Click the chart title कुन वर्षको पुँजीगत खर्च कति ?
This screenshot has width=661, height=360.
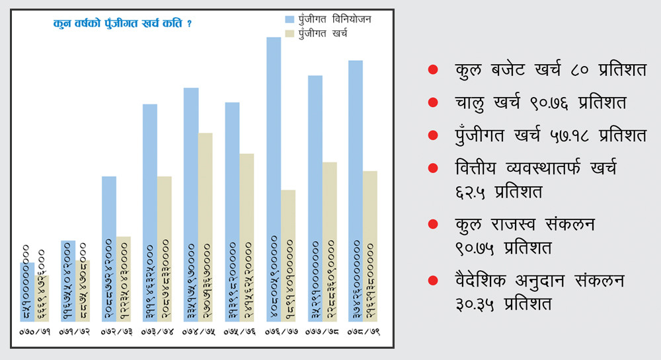tap(122, 24)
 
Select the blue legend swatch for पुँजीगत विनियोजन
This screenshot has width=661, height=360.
tap(290, 19)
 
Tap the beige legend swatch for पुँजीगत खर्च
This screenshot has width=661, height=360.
tap(290, 32)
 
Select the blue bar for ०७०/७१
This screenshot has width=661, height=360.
tap(27, 291)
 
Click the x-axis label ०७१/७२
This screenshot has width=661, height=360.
tap(75, 328)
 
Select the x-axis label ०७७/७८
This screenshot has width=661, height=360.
tap(322, 328)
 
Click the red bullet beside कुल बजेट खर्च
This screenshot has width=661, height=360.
tap(433, 69)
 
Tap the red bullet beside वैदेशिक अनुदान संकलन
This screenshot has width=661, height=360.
tap(433, 280)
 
